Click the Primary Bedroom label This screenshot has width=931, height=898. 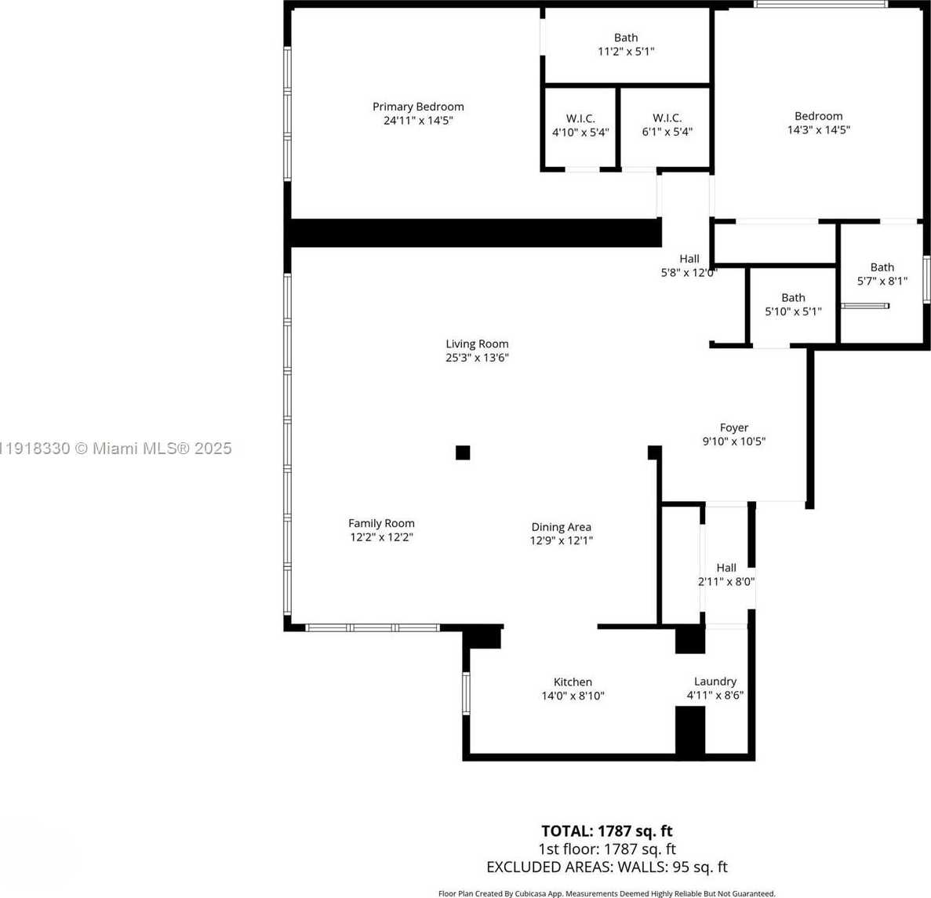418,107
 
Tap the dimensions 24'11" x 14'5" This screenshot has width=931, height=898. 418,121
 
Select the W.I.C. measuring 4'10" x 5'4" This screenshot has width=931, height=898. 580,125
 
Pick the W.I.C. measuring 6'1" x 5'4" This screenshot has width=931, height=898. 667,125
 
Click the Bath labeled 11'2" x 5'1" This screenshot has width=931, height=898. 626,44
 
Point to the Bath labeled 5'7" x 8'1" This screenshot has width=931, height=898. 882,274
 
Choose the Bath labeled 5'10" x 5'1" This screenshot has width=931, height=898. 793,304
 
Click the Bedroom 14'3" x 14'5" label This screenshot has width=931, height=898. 818,122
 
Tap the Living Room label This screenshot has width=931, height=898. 477,344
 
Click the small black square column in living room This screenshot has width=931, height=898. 463,453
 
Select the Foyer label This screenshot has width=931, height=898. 733,427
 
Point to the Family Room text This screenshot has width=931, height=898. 381,523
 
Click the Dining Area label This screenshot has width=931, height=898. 561,527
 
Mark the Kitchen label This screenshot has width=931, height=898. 573,682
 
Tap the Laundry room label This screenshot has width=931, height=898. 715,682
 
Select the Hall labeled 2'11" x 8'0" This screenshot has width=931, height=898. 726,574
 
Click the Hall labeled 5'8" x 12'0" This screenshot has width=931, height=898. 689,266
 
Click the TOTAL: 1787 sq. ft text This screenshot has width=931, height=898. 606,831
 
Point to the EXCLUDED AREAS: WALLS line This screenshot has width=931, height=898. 606,867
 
